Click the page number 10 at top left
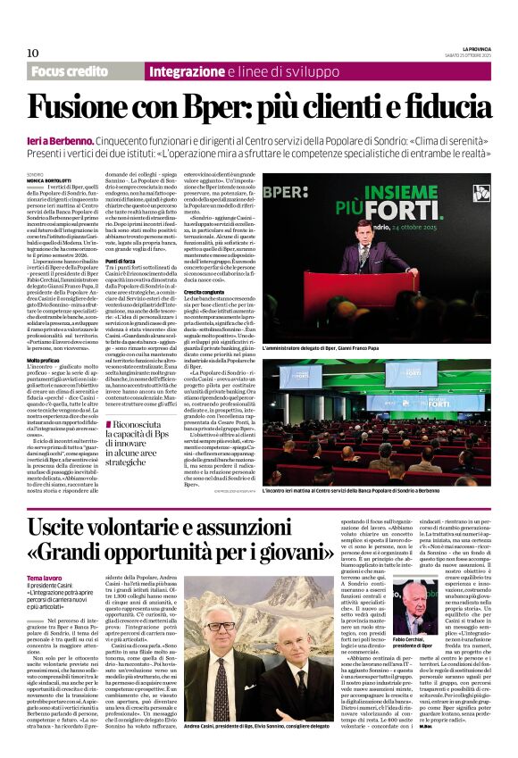tap(32, 53)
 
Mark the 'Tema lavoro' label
tap(46, 579)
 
